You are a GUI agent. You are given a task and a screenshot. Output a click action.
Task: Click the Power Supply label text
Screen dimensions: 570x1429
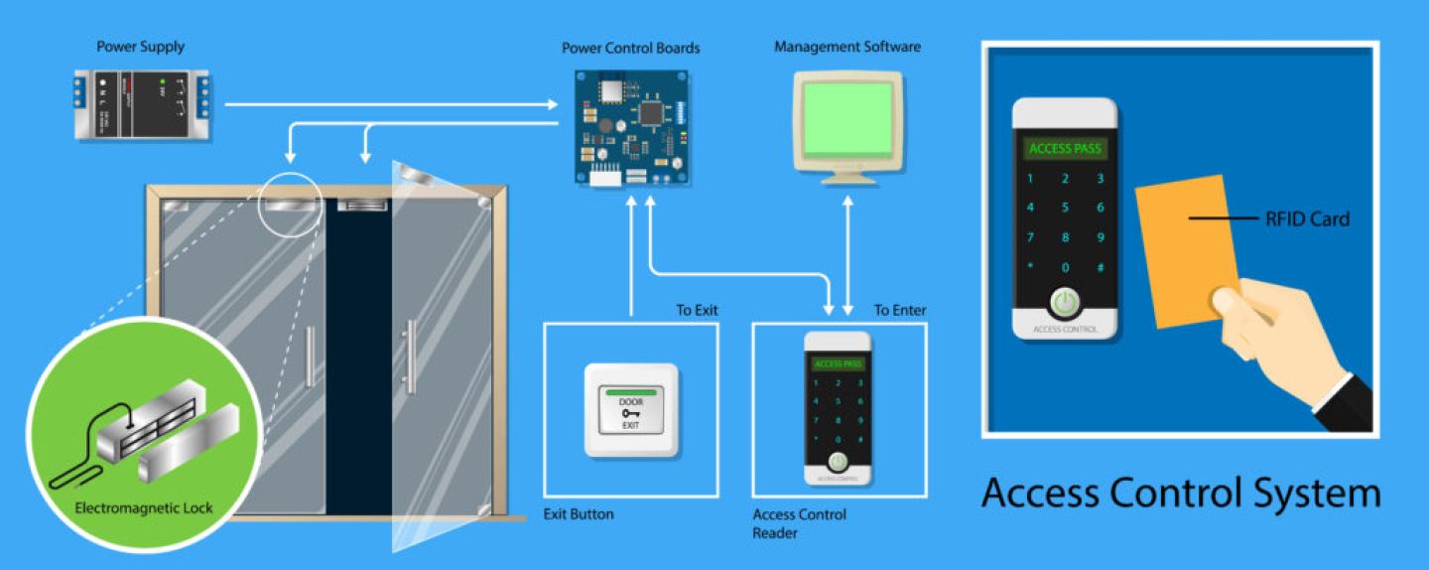[x=140, y=47]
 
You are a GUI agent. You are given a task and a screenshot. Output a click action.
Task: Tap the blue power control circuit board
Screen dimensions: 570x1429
[x=632, y=126]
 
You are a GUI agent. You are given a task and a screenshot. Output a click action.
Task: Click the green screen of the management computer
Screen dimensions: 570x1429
[x=846, y=118]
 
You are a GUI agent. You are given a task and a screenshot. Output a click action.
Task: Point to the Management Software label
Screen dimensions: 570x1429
[x=846, y=47]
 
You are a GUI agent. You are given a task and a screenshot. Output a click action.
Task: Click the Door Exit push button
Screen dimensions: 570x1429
[x=630, y=410]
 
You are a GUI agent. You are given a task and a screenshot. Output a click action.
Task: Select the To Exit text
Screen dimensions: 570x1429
[x=697, y=311]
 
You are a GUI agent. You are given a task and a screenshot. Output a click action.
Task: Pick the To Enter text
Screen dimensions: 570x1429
[x=899, y=311]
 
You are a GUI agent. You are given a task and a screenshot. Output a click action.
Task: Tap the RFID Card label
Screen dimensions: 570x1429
[x=1307, y=218]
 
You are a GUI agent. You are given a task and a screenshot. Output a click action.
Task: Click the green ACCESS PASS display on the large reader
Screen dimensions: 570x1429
[x=1065, y=149]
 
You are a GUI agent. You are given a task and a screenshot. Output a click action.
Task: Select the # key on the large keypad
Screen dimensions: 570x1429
[x=1100, y=267]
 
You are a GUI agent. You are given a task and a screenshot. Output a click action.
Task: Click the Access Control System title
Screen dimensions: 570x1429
[x=1180, y=494]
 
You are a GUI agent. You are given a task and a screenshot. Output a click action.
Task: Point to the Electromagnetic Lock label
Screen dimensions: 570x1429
[x=144, y=508]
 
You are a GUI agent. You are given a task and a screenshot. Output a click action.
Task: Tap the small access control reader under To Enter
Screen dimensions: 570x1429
[x=838, y=408]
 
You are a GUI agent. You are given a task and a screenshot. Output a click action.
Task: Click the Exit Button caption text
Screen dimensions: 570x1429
[x=579, y=514]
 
